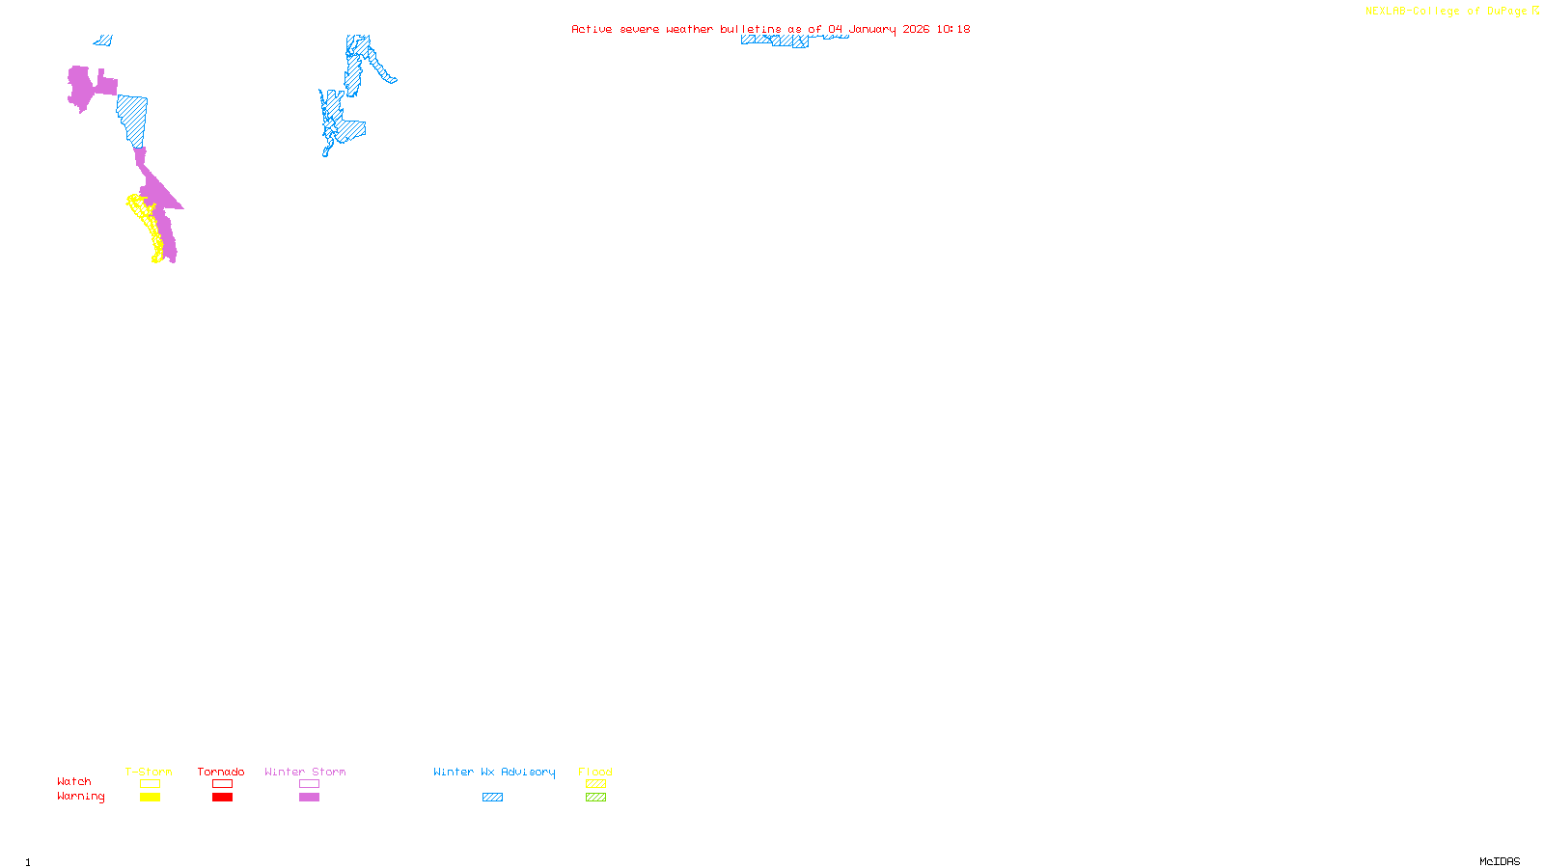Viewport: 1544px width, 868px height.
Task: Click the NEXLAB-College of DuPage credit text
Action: tap(1451, 12)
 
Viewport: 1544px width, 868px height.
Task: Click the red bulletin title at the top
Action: tap(770, 29)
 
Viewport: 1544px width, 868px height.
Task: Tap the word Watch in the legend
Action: tap(74, 781)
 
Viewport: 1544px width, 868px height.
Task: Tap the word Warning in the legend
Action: tap(81, 797)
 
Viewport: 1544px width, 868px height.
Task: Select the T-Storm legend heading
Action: tap(149, 772)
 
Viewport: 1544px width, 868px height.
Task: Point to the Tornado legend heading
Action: tap(221, 772)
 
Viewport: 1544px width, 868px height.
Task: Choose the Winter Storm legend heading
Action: tap(305, 772)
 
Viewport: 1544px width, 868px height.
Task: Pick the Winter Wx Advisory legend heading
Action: tap(494, 772)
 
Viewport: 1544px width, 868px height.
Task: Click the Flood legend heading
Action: tap(595, 772)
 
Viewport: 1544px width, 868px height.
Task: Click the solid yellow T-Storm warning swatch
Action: tap(150, 798)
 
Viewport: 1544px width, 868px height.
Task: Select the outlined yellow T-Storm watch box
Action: tap(150, 784)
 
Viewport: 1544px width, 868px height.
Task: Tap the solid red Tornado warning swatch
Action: tap(222, 798)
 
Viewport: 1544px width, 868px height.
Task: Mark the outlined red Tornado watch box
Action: tap(222, 784)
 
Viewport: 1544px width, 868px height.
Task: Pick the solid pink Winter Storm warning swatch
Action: tap(309, 798)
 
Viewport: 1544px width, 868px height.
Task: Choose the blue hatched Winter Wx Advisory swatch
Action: tap(492, 798)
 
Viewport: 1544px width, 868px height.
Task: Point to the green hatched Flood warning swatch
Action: tap(595, 798)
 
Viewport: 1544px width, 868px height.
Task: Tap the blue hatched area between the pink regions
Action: tap(133, 120)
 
